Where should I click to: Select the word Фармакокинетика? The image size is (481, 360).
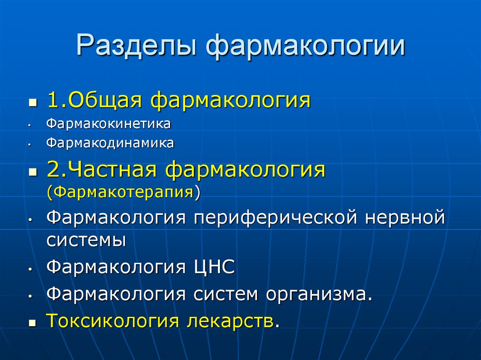point(108,125)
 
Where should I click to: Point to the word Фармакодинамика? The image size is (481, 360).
point(110,143)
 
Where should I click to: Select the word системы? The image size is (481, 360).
point(86,240)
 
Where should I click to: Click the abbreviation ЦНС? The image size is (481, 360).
point(212,268)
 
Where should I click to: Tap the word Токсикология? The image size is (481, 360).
point(113,321)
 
